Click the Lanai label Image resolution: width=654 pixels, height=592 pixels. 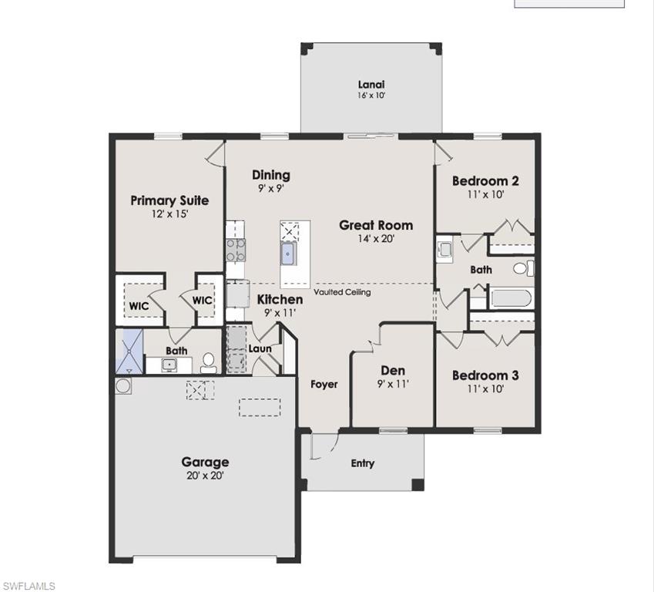[x=371, y=85]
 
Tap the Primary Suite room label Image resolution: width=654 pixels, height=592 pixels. [x=169, y=200]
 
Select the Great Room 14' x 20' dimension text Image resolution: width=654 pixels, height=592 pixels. [x=376, y=239]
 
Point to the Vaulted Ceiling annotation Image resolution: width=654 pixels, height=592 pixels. [x=342, y=293]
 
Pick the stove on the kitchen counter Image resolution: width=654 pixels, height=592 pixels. [x=235, y=248]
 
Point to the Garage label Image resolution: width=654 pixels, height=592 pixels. [x=205, y=462]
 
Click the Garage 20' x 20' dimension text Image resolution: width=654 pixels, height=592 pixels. [x=205, y=476]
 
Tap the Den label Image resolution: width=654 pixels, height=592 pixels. [x=392, y=371]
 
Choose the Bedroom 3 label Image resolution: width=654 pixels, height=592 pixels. [x=485, y=375]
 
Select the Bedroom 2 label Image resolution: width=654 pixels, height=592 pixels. [x=485, y=181]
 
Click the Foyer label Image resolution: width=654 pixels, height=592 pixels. [x=324, y=384]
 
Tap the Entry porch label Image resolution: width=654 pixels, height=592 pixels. [x=362, y=463]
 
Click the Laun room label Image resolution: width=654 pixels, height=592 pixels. [x=260, y=349]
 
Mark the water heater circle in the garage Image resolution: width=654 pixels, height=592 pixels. [x=122, y=385]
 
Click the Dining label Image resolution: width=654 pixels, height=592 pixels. [x=270, y=175]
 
